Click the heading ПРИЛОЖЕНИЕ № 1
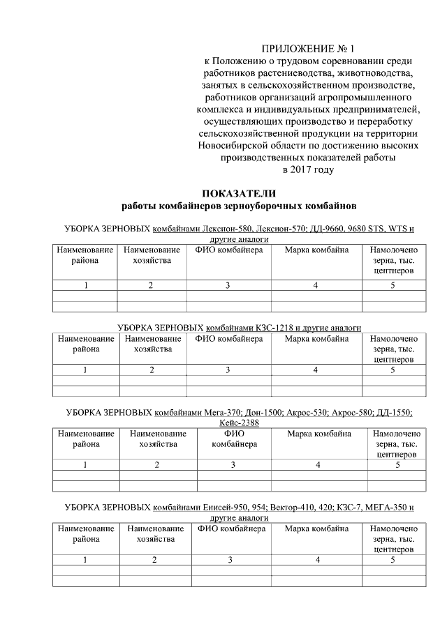coord(308,49)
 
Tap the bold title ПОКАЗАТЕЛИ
coord(239,194)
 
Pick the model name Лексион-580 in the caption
coord(226,229)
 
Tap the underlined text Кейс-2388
coord(239,423)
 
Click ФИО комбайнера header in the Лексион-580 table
coord(228,250)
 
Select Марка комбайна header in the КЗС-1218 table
coord(316,339)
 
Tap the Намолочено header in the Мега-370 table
coord(396,434)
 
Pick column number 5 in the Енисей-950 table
coord(393,559)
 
